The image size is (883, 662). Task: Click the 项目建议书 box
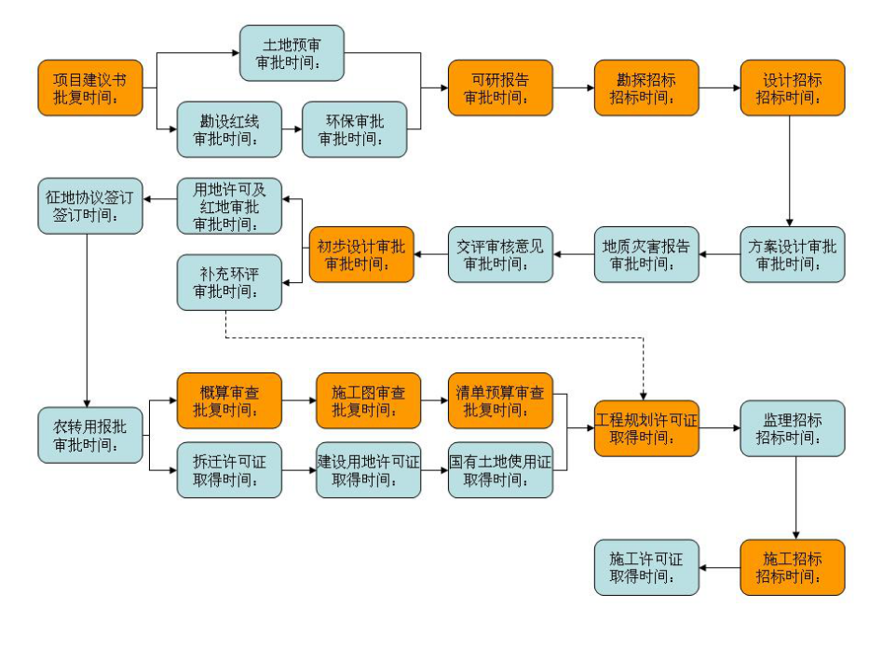coord(90,88)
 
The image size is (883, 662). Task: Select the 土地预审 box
coord(292,53)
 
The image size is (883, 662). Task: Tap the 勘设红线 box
coord(229,129)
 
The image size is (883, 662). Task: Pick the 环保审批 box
coord(355,129)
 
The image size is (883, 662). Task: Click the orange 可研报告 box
coord(500,88)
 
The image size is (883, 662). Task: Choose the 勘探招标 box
coord(646,88)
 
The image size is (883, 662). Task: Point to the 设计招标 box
coord(793,88)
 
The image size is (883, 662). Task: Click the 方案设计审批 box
coord(793,254)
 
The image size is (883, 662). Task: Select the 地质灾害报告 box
coord(646,254)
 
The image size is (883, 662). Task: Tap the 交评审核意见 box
coord(500,254)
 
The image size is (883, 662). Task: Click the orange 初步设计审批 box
coord(361,254)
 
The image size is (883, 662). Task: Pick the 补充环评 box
coord(229,283)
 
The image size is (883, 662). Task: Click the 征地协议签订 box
coord(90,206)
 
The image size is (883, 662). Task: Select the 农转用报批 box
coord(90,435)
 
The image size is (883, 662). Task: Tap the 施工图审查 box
coord(368,400)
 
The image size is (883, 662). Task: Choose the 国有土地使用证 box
coord(500,469)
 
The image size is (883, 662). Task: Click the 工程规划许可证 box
coord(646,428)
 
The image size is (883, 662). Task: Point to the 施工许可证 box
coord(646,567)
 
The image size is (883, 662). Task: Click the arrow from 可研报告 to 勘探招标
coord(574,88)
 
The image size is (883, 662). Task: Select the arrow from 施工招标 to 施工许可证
coord(720,567)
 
